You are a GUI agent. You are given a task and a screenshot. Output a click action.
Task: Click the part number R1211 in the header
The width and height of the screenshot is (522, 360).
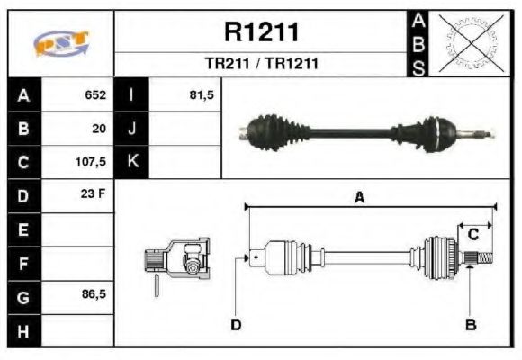(x=261, y=31)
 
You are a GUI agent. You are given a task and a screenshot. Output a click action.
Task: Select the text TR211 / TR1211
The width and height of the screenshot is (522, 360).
(x=261, y=65)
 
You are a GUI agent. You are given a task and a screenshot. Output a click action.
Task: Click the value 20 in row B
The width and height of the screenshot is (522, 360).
(x=99, y=129)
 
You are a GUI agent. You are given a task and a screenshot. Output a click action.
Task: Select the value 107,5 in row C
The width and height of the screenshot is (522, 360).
(x=92, y=162)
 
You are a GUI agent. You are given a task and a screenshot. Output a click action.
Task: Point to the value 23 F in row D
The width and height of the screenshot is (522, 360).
(x=94, y=195)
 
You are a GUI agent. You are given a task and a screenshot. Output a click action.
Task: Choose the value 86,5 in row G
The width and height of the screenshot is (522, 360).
(x=94, y=295)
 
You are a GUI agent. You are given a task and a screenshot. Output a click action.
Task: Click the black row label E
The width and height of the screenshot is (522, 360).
(x=22, y=229)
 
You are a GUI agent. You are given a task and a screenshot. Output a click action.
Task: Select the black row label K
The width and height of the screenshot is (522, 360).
(x=132, y=162)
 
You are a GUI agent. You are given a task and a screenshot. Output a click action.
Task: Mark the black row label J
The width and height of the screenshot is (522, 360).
(x=132, y=129)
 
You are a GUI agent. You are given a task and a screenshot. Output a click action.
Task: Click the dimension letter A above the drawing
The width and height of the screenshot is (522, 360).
(x=359, y=199)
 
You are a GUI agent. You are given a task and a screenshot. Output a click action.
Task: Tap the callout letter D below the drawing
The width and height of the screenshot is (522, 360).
(x=235, y=324)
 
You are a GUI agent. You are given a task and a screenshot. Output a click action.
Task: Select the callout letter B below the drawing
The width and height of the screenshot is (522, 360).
(x=470, y=324)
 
